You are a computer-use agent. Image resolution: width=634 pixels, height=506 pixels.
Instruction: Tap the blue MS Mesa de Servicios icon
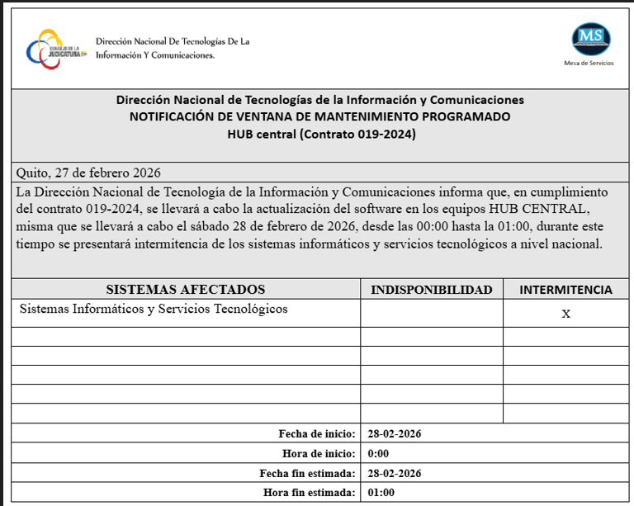(x=592, y=38)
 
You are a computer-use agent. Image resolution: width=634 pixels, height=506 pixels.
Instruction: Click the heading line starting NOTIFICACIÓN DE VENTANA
(x=319, y=116)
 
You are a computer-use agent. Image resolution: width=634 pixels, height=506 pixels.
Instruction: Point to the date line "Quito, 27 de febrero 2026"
(x=89, y=173)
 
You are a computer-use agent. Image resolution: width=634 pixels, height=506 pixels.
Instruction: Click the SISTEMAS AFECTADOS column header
(x=186, y=289)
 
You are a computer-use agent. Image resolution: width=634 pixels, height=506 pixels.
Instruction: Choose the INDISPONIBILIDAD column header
(x=431, y=290)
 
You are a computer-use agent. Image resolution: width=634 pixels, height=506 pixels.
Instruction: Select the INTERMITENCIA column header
(x=565, y=290)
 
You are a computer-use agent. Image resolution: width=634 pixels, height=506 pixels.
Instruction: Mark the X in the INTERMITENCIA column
(x=565, y=314)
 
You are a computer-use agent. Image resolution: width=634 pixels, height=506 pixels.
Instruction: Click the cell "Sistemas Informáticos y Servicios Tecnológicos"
(x=153, y=309)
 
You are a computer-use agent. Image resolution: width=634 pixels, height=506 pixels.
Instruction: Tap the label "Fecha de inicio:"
(x=317, y=433)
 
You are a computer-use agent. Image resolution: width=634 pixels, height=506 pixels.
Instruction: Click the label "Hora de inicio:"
(x=319, y=453)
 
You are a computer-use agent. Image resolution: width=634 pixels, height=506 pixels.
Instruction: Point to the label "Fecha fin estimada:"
(x=307, y=473)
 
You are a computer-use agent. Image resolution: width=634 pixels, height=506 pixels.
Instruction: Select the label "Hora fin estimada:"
(x=310, y=493)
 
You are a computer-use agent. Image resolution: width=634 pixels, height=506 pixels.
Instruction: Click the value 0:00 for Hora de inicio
(x=378, y=453)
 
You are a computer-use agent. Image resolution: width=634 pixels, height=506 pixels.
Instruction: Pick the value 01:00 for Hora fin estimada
(x=381, y=493)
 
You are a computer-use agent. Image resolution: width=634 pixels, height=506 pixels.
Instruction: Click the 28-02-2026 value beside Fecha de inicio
(x=395, y=433)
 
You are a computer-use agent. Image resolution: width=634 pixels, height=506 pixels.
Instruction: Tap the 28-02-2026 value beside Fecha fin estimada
(x=395, y=473)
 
